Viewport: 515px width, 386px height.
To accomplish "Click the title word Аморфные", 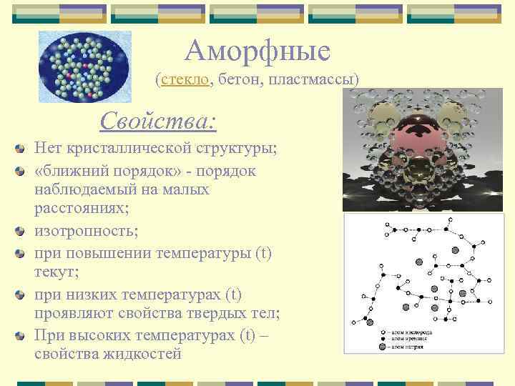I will (257, 51).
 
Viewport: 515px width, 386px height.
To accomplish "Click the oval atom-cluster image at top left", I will (84, 66).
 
